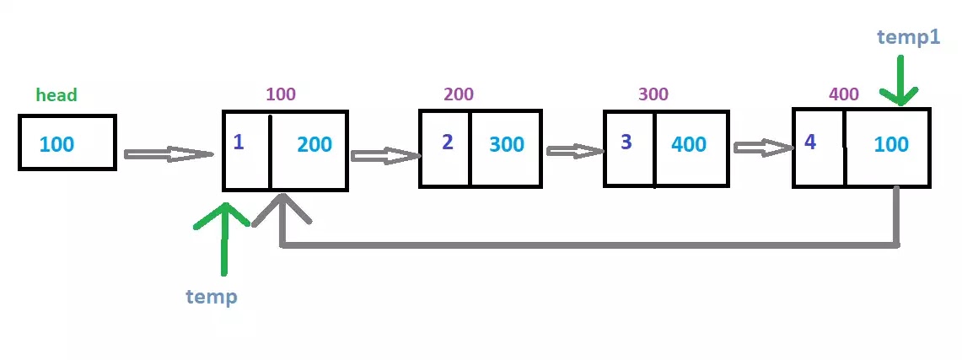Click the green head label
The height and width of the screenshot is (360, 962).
point(56,95)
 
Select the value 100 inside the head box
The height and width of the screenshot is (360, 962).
point(56,144)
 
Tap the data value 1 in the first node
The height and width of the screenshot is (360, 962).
point(239,142)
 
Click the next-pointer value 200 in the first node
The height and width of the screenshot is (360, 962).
point(314,144)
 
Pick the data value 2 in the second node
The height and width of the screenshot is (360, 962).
point(448,142)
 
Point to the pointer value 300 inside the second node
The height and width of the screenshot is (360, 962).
point(507,144)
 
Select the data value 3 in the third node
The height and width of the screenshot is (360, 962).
point(626,142)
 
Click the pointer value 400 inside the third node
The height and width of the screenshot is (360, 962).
point(689,144)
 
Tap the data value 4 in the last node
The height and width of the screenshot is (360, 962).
point(810,142)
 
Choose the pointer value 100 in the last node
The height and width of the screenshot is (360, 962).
point(891,144)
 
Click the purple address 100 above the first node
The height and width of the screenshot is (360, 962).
point(281,94)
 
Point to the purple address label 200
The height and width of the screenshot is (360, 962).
point(458,94)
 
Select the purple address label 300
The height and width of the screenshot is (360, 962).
point(653,94)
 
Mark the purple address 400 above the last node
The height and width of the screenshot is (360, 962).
point(843,94)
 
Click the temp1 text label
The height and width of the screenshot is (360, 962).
point(908,36)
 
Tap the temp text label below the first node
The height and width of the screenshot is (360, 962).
point(212,296)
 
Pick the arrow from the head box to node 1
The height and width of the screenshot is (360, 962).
point(168,154)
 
